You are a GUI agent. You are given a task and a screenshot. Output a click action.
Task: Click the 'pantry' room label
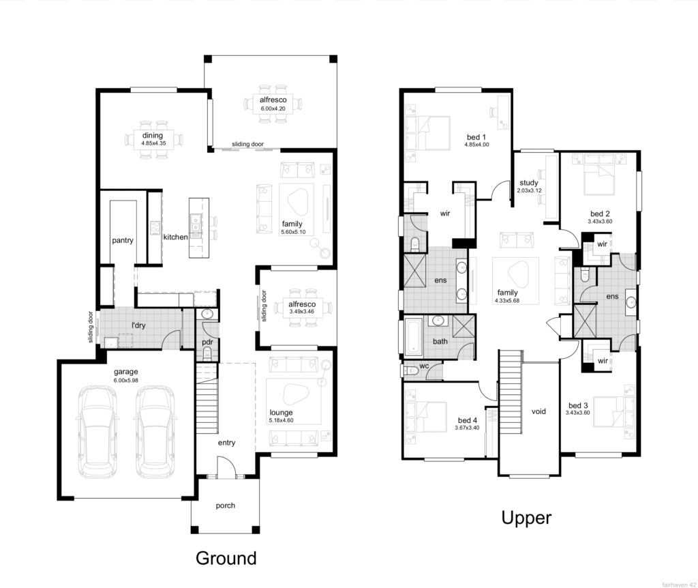(x=123, y=240)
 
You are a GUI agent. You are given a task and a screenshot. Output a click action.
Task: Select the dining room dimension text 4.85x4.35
(x=154, y=144)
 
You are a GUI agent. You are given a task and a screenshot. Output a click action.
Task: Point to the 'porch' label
(x=225, y=505)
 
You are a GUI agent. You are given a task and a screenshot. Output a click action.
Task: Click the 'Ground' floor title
(x=226, y=558)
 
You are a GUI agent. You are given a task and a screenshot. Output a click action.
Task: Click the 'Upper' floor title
(x=526, y=518)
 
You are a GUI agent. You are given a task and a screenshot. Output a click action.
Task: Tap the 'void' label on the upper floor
(x=538, y=412)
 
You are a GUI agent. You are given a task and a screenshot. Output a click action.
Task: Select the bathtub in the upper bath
(x=414, y=336)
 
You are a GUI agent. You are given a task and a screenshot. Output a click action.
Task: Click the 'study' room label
(x=529, y=183)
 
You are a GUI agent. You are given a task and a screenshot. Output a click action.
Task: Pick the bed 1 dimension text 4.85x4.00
(x=476, y=145)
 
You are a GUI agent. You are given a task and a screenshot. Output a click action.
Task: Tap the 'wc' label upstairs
(x=423, y=366)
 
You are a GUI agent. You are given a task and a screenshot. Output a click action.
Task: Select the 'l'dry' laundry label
(x=138, y=325)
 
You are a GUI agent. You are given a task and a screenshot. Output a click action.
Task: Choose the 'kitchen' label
(x=175, y=237)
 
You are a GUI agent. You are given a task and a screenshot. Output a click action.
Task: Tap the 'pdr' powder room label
(x=208, y=341)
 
